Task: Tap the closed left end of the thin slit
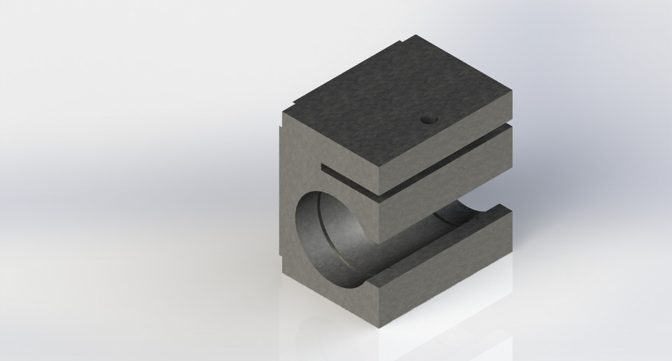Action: point(324,169)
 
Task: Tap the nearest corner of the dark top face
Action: point(383,168)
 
